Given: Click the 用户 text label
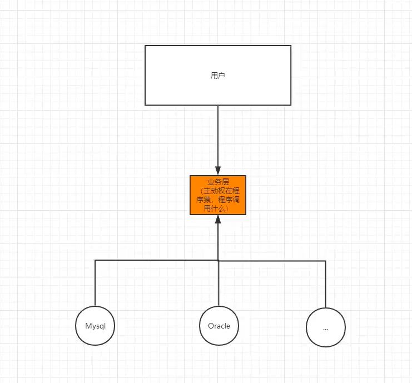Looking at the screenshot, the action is pyautogui.click(x=218, y=75).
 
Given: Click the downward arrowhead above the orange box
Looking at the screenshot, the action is pyautogui.click(x=218, y=171).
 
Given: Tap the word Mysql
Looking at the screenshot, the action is pyautogui.click(x=95, y=326).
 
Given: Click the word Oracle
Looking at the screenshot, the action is pyautogui.click(x=219, y=326).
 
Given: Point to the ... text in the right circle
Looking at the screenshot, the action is pyautogui.click(x=326, y=328).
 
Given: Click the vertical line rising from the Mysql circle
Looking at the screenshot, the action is pyautogui.click(x=95, y=283).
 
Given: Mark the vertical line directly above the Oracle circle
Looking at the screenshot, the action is pyautogui.click(x=219, y=283).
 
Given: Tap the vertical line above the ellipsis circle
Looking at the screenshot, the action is pyautogui.click(x=326, y=283).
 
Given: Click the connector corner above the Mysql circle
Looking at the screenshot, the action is pyautogui.click(x=95, y=260).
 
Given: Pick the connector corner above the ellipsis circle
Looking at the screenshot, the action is pyautogui.click(x=326, y=260).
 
